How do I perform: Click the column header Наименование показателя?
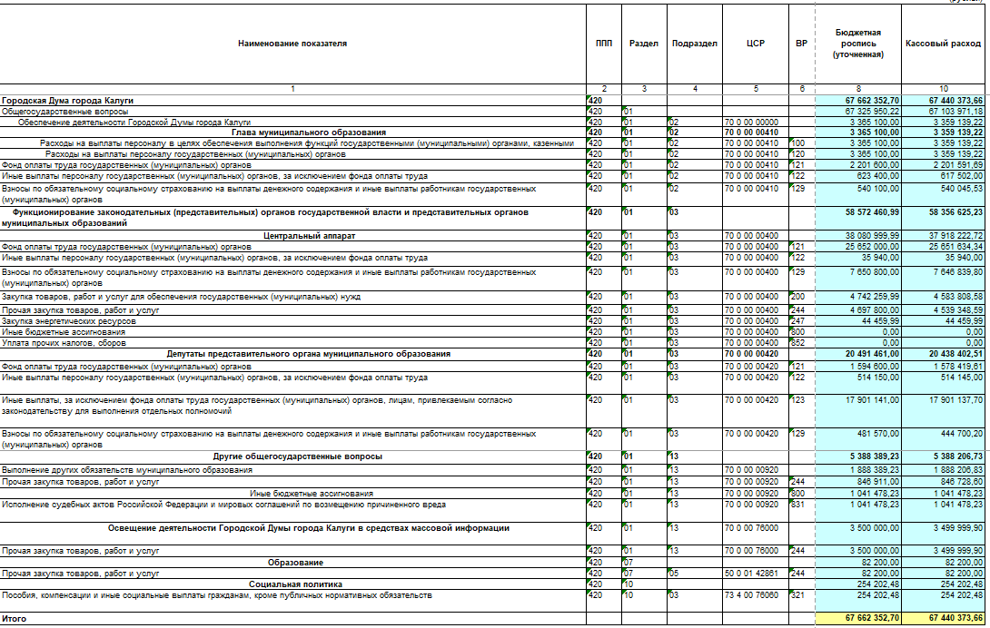[x=292, y=44]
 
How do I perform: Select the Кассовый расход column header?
[x=943, y=44]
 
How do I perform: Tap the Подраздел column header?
[x=695, y=44]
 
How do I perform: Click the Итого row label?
[x=14, y=618]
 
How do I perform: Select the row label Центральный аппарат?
[x=292, y=236]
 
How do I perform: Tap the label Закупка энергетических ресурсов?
[x=69, y=321]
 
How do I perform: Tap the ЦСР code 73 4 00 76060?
[x=751, y=595]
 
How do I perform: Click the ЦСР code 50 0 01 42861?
[x=751, y=574]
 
